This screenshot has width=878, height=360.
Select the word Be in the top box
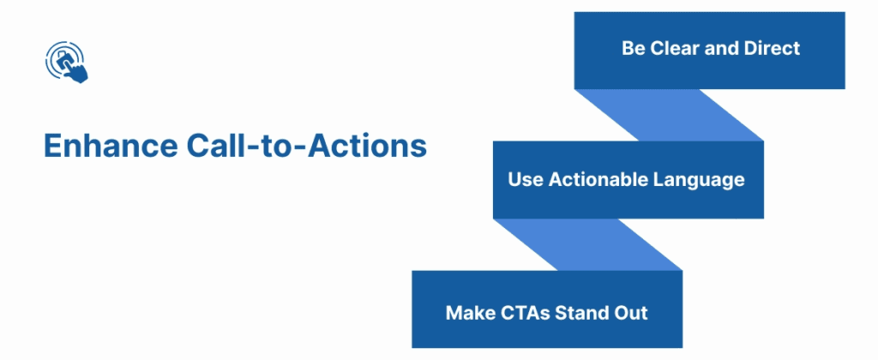[633, 48]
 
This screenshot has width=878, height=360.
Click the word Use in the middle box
[526, 180]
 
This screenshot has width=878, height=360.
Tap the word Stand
[583, 312]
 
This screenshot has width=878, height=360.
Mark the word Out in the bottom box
[632, 312]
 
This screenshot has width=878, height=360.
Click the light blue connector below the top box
[669, 115]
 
